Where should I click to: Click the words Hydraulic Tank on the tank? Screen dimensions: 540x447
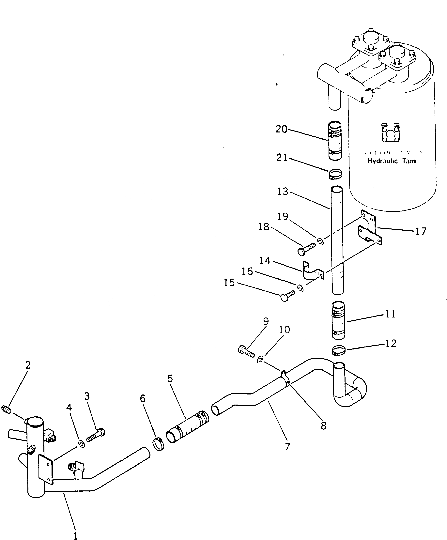(392, 161)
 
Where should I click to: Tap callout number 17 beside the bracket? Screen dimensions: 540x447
(421, 231)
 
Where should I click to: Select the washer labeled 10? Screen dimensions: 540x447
(260, 359)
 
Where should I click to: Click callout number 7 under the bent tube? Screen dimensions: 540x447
(287, 447)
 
